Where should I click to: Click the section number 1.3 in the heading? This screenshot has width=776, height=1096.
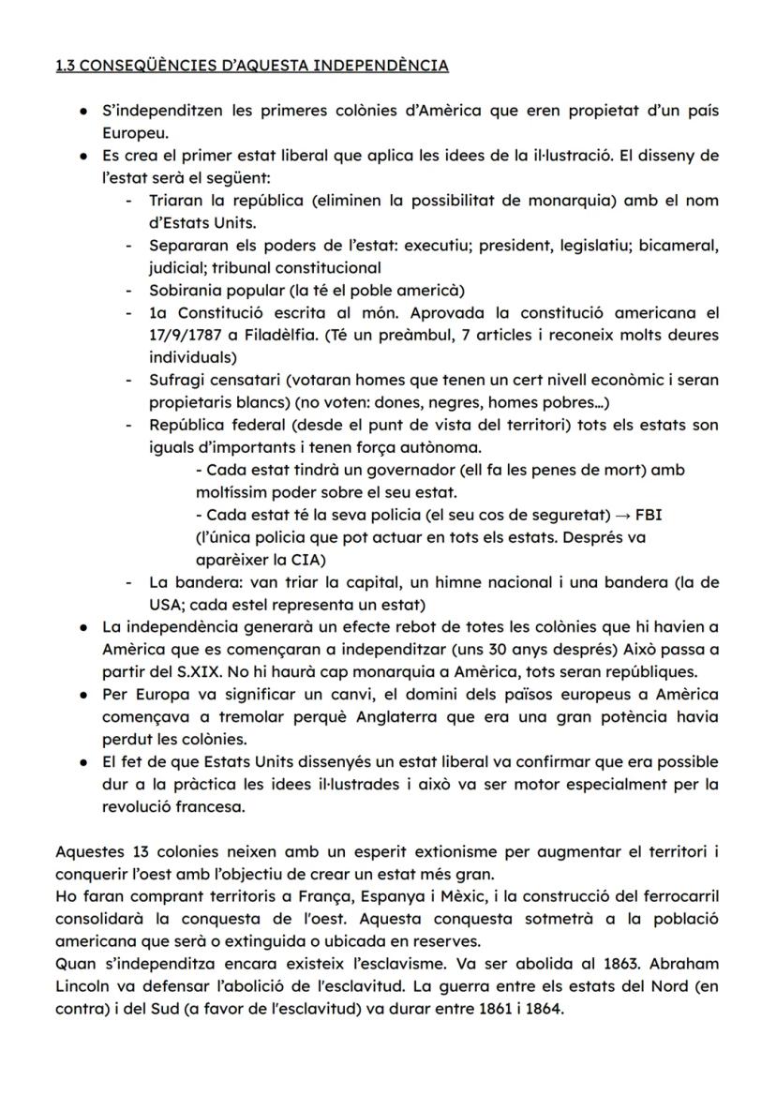point(67,66)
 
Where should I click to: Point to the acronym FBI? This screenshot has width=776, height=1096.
point(649,515)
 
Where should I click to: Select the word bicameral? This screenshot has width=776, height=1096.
point(683,245)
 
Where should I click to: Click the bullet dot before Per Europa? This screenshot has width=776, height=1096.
point(84,695)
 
